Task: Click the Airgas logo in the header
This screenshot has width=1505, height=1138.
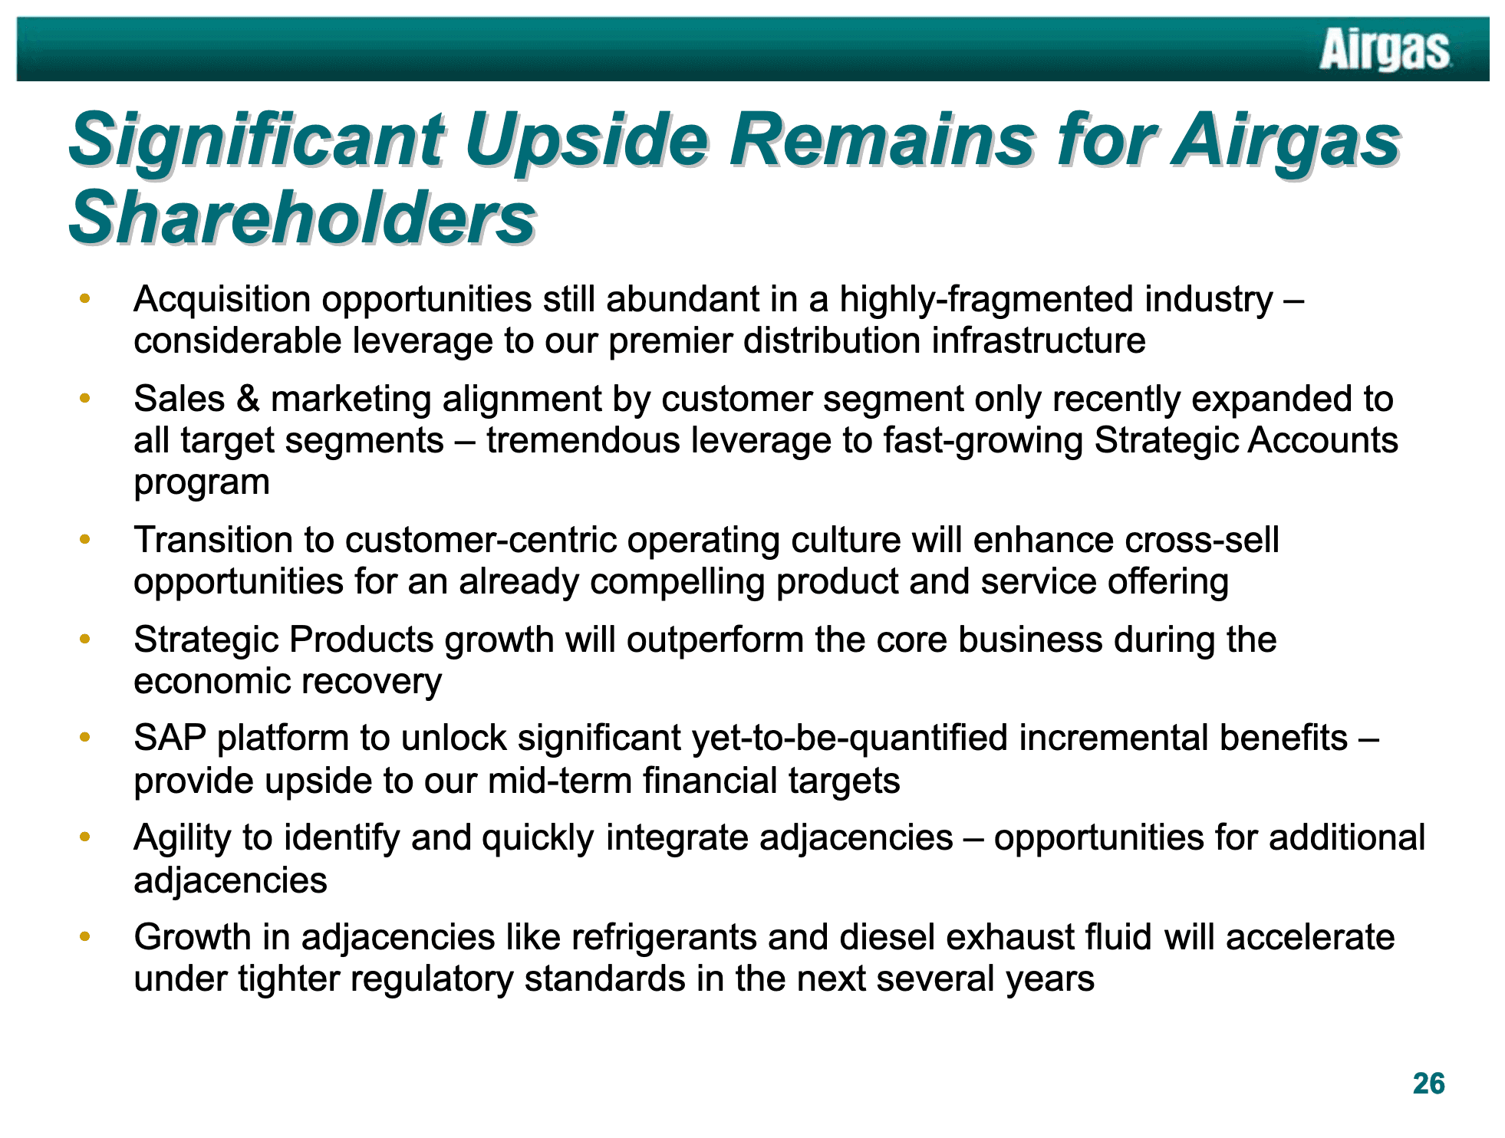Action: [1385, 51]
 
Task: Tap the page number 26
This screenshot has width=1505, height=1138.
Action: [1428, 1084]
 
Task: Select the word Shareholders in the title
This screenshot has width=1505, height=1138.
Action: [302, 218]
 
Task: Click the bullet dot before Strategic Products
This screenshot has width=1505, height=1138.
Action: [85, 638]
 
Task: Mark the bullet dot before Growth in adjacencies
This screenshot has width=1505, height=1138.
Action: [85, 936]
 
